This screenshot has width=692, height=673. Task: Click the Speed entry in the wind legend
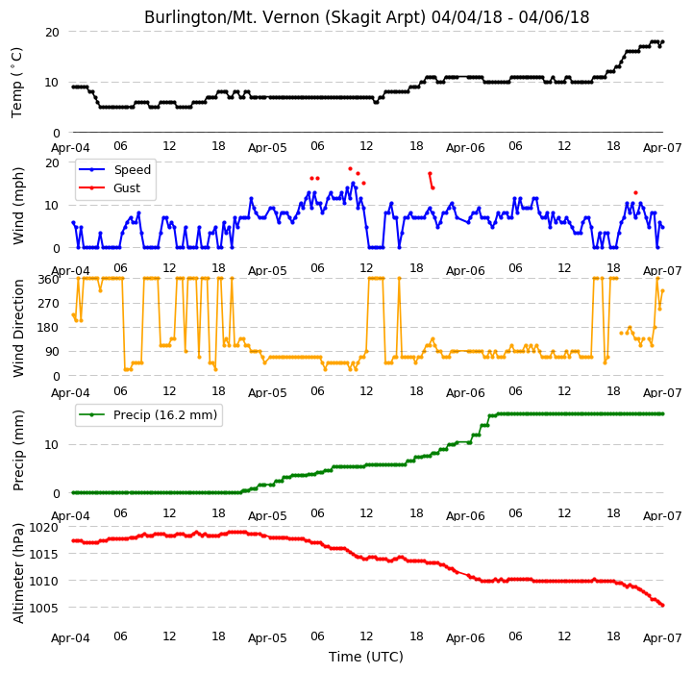[133, 169]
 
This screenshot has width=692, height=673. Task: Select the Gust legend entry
[127, 188]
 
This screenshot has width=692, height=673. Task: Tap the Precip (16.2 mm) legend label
[165, 415]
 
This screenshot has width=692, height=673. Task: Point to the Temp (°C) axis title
[16, 83]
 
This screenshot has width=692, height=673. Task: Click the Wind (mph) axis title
[18, 206]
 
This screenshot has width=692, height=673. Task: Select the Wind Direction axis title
[18, 328]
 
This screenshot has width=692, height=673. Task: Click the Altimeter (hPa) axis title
[18, 573]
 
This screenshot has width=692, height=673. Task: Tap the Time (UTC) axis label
[366, 657]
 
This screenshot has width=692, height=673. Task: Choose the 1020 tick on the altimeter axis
[43, 528]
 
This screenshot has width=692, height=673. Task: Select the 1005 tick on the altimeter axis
[43, 608]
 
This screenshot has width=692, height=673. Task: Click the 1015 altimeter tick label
[43, 554]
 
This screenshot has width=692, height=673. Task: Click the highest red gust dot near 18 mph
[351, 168]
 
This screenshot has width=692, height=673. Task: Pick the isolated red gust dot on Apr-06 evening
[635, 192]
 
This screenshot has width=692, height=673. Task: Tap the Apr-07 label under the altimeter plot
[662, 638]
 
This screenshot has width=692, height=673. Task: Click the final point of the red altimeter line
[663, 606]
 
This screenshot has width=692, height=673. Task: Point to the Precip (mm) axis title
[18, 451]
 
